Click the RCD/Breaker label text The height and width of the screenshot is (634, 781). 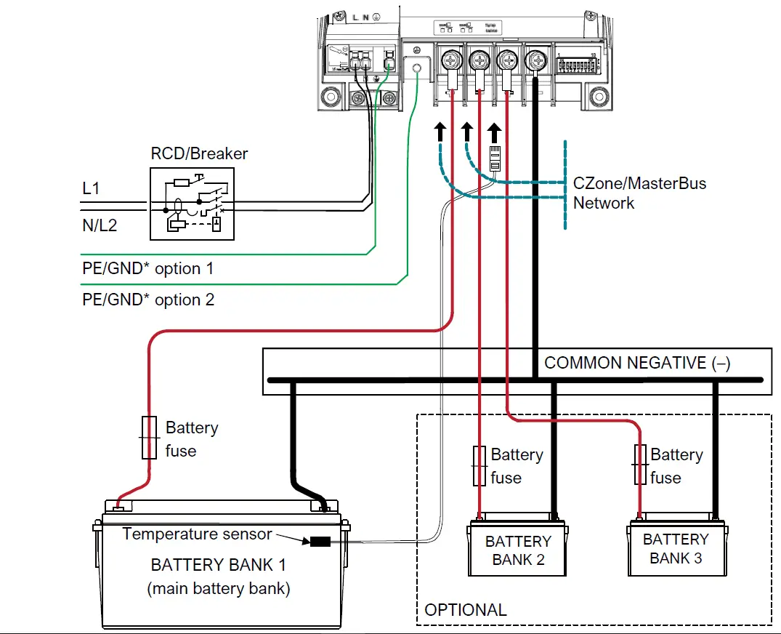click(199, 154)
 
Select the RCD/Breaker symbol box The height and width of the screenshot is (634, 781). click(193, 204)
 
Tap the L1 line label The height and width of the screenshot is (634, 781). click(91, 189)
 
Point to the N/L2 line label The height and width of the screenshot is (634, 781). click(100, 225)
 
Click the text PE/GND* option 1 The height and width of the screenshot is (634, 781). click(147, 268)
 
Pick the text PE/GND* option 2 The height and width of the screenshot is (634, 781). click(147, 300)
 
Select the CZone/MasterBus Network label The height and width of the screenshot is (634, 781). click(639, 193)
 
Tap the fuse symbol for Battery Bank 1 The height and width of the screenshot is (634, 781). click(150, 438)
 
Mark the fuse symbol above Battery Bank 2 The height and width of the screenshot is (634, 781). click(479, 466)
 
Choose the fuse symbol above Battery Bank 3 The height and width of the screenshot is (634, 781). click(640, 465)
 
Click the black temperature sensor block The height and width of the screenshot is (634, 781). click(320, 541)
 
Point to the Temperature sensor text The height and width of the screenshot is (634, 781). click(197, 534)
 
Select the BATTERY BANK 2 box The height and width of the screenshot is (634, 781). click(518, 550)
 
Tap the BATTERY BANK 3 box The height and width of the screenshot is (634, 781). click(676, 549)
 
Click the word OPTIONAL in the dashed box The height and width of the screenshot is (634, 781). click(466, 609)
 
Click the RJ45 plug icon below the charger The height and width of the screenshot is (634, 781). click(495, 157)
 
